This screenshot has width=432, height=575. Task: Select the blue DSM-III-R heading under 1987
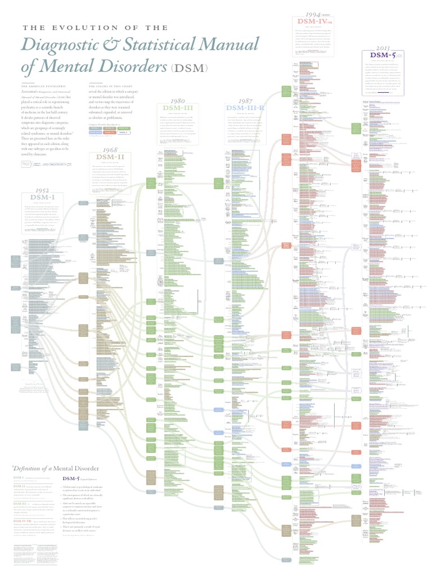point(248,108)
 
